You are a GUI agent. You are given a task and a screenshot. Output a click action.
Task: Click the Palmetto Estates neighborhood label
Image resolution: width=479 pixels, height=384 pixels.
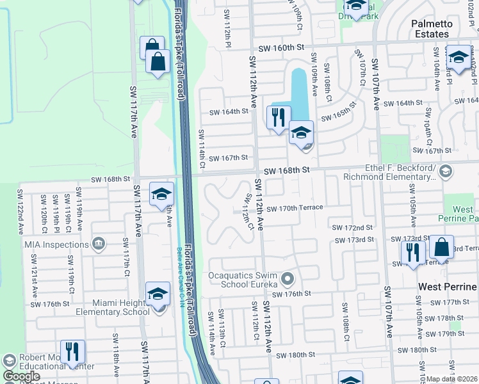click(x=440, y=29)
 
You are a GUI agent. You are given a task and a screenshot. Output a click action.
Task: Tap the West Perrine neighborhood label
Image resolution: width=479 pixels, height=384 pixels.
click(x=448, y=287)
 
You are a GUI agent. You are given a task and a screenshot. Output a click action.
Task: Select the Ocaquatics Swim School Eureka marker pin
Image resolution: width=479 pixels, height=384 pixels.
click(x=288, y=278)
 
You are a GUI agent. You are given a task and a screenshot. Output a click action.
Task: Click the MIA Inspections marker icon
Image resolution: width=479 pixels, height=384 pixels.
click(x=98, y=243)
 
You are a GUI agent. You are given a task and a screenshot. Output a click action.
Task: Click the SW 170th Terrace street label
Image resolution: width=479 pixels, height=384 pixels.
click(x=295, y=208)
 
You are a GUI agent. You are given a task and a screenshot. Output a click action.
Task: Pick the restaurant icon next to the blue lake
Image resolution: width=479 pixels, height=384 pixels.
click(x=278, y=118)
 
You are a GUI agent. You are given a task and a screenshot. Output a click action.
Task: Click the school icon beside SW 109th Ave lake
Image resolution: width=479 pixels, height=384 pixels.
click(x=300, y=132)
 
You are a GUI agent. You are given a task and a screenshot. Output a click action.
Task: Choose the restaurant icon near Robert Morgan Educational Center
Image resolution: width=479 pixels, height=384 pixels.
click(x=72, y=351)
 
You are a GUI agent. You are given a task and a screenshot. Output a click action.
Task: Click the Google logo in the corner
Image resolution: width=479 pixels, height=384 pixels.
click(x=21, y=376)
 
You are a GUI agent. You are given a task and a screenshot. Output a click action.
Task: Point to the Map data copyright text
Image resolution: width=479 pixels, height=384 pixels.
click(x=451, y=379)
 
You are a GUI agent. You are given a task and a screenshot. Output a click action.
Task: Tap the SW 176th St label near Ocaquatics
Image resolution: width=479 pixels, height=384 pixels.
click(x=291, y=294)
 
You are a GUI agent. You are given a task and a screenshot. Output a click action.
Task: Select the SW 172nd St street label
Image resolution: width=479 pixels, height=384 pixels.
click(x=352, y=228)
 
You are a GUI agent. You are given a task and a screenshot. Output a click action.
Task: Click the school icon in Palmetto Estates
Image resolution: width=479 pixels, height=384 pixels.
click(x=458, y=57)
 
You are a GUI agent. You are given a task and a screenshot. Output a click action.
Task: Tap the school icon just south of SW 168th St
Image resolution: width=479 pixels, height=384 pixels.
click(x=162, y=193)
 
